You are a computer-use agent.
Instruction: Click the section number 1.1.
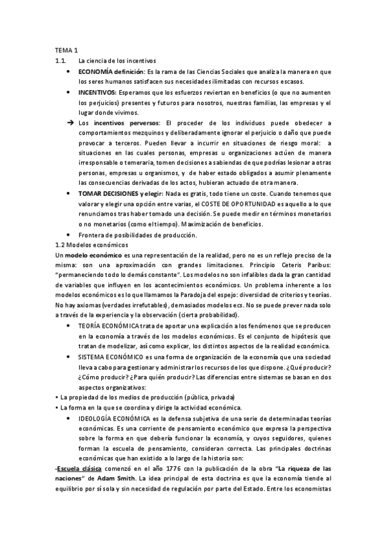tap(61, 60)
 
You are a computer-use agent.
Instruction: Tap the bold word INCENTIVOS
tap(97, 93)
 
